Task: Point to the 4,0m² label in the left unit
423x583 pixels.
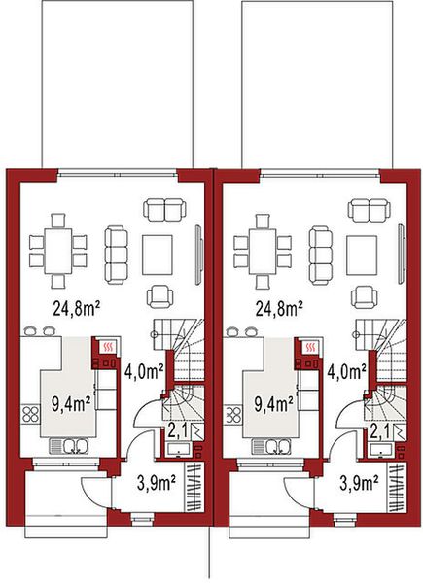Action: click(x=144, y=370)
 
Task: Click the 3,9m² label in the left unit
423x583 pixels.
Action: click(x=153, y=480)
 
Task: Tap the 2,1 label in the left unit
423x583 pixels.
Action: click(x=177, y=430)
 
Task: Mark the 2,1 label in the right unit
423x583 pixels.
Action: click(x=379, y=430)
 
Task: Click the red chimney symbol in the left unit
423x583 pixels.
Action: click(x=108, y=346)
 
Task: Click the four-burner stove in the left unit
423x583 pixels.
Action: click(x=31, y=415)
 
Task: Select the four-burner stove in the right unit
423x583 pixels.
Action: click(x=233, y=415)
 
